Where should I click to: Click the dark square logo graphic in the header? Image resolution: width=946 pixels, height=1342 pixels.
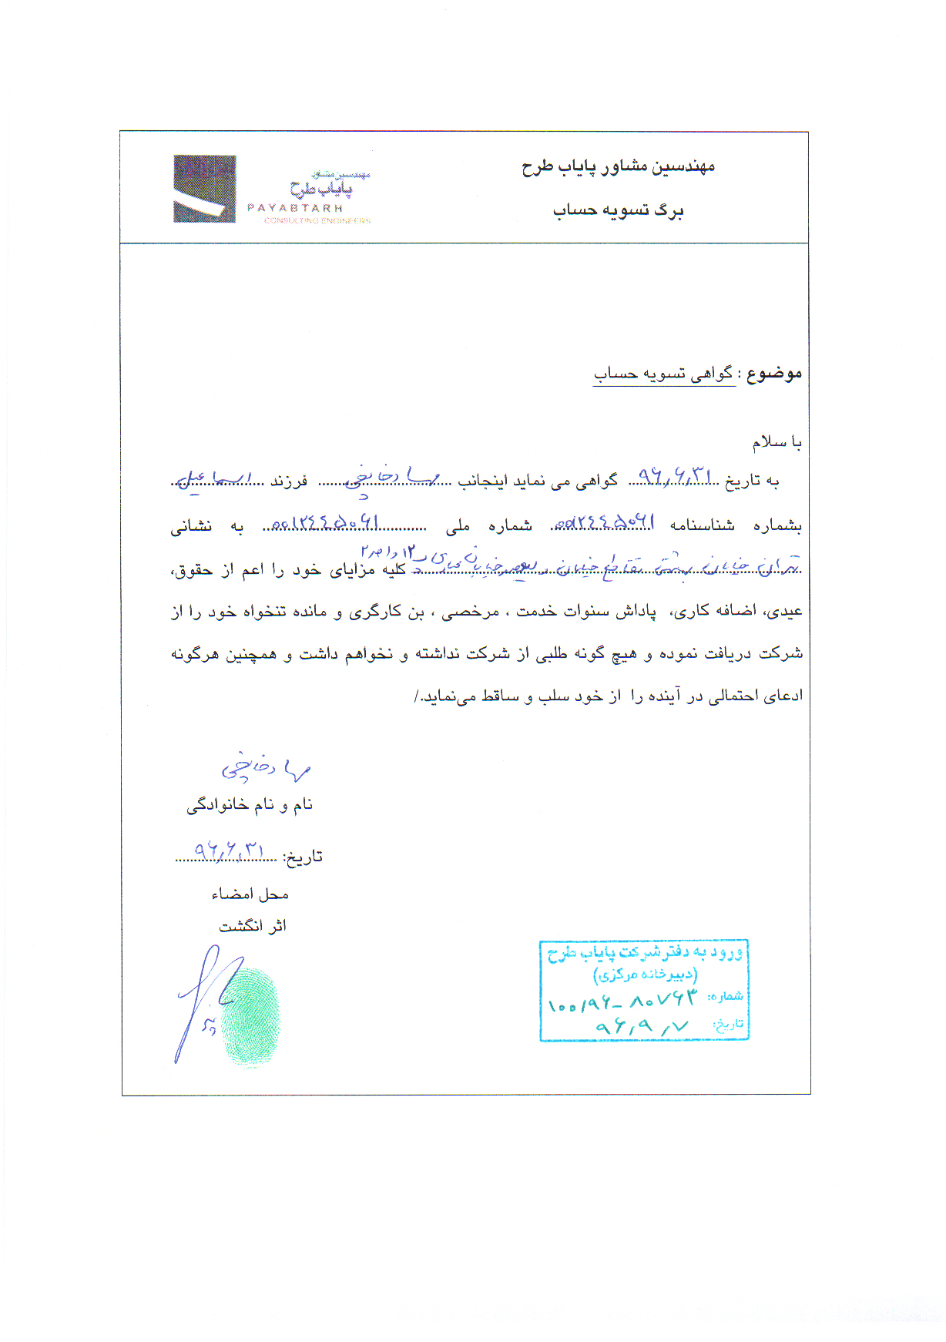(x=204, y=189)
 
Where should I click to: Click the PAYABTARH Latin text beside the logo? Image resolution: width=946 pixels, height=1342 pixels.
(x=295, y=208)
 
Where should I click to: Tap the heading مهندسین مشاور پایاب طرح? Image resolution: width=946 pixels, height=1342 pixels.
(x=618, y=166)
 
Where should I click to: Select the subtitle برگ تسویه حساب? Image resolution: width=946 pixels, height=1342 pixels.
(x=618, y=210)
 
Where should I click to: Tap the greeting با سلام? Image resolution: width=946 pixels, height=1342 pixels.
(x=777, y=443)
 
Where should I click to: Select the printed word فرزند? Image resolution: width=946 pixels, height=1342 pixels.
(x=289, y=481)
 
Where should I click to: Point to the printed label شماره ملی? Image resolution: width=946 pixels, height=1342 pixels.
(x=488, y=526)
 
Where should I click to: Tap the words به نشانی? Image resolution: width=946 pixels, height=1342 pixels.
(x=206, y=527)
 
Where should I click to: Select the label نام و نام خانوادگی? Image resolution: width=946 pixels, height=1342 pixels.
(x=250, y=805)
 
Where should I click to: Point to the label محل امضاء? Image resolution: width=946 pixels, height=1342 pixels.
(x=250, y=894)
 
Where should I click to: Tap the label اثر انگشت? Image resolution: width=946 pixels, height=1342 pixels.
(x=253, y=926)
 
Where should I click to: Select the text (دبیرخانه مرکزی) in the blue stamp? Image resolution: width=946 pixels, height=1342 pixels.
(x=645, y=975)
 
